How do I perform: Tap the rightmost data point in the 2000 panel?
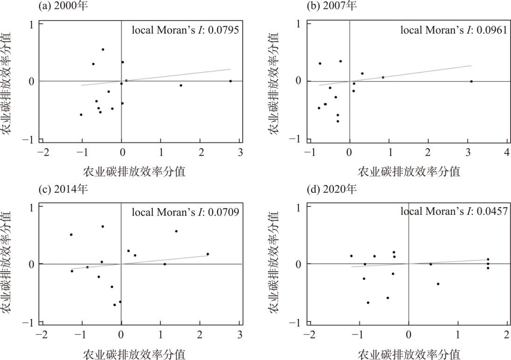[x=231, y=81]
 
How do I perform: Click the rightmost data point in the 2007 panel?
[x=471, y=81]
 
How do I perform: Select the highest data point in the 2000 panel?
[x=103, y=49]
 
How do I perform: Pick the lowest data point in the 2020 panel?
[x=368, y=303]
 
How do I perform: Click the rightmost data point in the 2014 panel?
[x=208, y=254]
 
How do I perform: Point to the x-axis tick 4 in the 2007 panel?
[x=507, y=153]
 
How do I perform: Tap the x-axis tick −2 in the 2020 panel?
[x=309, y=335]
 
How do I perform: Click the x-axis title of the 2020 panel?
[x=409, y=353]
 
